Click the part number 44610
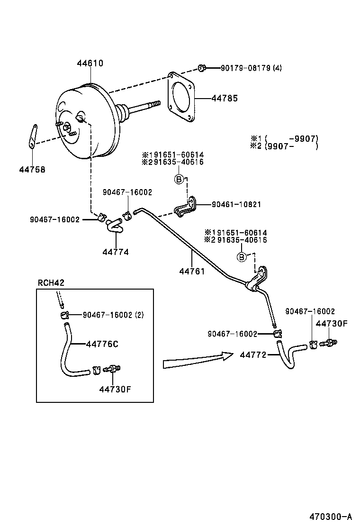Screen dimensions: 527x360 click(90, 63)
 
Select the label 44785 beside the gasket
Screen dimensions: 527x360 click(224, 98)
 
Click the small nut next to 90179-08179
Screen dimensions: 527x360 click(202, 68)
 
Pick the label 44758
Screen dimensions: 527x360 click(32, 169)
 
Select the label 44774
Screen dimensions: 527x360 click(115, 252)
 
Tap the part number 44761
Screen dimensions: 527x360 click(192, 272)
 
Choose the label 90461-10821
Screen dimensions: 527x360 click(236, 205)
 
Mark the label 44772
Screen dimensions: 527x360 click(254, 354)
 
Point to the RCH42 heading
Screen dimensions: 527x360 click(51, 283)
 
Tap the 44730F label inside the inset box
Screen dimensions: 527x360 click(115, 389)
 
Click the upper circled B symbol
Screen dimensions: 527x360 click(179, 179)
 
